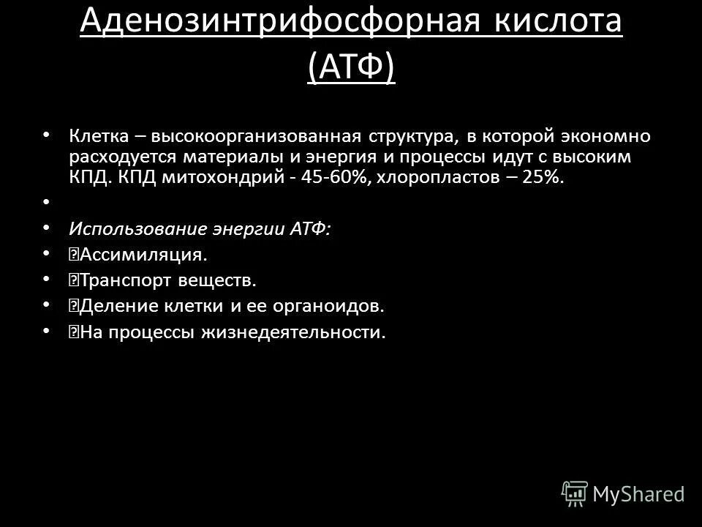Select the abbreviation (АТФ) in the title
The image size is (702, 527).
351,67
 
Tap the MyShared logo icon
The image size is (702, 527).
575,493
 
